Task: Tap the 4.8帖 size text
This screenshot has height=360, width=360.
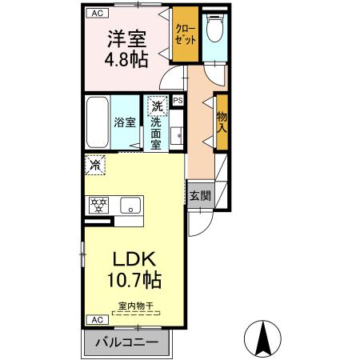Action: pos(126,60)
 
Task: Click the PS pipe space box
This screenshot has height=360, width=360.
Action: pos(178,101)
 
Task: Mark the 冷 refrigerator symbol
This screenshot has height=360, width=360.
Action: pos(94,166)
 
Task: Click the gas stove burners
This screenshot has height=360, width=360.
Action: pos(98,205)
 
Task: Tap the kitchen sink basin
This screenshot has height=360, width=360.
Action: pos(130,206)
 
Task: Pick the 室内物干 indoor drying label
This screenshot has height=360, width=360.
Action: pos(135,305)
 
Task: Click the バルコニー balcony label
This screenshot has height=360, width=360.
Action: pos(128,342)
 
